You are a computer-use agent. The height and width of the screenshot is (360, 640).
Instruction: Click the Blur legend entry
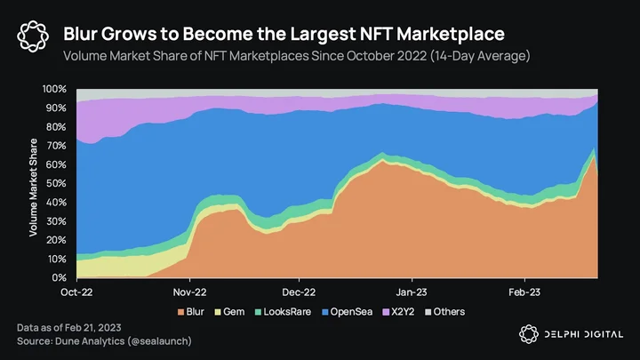(x=190, y=312)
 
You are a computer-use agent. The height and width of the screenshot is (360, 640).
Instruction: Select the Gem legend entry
(x=229, y=312)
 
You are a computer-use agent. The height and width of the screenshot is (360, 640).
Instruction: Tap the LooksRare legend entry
(x=283, y=312)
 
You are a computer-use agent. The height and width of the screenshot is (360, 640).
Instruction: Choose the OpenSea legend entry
(x=347, y=312)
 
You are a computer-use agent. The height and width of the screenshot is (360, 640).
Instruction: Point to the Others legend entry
(x=445, y=312)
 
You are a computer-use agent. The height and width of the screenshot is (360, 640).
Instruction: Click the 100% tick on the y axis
(x=54, y=89)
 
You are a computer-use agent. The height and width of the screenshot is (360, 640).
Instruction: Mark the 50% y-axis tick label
(x=56, y=183)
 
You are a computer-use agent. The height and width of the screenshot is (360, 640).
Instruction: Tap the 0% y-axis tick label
(x=59, y=278)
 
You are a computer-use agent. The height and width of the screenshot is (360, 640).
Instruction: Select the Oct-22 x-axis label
(x=76, y=292)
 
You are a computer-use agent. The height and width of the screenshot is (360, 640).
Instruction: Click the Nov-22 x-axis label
(x=190, y=292)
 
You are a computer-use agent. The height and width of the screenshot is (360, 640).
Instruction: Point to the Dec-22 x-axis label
(x=299, y=292)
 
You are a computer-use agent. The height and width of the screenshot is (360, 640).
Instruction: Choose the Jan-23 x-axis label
(x=412, y=292)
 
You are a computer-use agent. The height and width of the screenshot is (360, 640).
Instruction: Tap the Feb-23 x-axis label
(x=524, y=292)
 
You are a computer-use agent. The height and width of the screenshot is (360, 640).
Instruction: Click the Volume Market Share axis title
(x=33, y=188)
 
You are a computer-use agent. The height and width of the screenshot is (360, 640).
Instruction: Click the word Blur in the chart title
(x=81, y=34)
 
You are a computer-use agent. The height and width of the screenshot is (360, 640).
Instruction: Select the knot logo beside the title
(x=33, y=36)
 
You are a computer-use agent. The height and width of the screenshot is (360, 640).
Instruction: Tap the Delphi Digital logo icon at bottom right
(x=529, y=334)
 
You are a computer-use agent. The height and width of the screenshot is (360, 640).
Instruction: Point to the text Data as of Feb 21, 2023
(x=69, y=328)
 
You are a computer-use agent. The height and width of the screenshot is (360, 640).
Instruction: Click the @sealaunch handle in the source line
(x=160, y=341)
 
